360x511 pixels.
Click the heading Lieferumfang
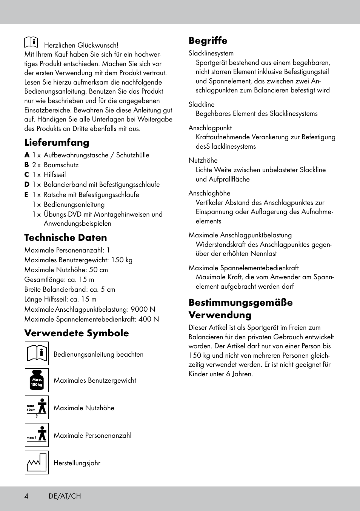[x=57, y=142]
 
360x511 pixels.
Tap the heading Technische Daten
[x=65, y=237]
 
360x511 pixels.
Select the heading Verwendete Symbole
[x=76, y=333]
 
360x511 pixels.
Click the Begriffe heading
[x=208, y=40]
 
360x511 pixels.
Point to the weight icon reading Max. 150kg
[x=37, y=380]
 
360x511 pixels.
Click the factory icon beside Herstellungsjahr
[x=37, y=462]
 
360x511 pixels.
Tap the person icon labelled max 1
[x=37, y=435]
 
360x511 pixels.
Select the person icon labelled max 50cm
[x=37, y=407]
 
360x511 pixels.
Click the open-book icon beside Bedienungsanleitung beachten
[x=37, y=354]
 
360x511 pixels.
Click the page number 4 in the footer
[x=26, y=496]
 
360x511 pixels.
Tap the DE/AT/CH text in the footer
[x=65, y=496]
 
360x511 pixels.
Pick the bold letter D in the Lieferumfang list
[x=27, y=185]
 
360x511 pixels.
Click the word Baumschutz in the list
[x=61, y=165]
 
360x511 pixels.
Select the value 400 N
[x=148, y=319]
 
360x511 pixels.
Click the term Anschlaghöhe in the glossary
[x=209, y=193]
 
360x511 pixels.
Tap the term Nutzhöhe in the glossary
[x=203, y=160]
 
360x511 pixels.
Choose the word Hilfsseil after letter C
[x=55, y=175]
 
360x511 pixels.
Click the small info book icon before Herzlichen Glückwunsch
[x=31, y=42]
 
